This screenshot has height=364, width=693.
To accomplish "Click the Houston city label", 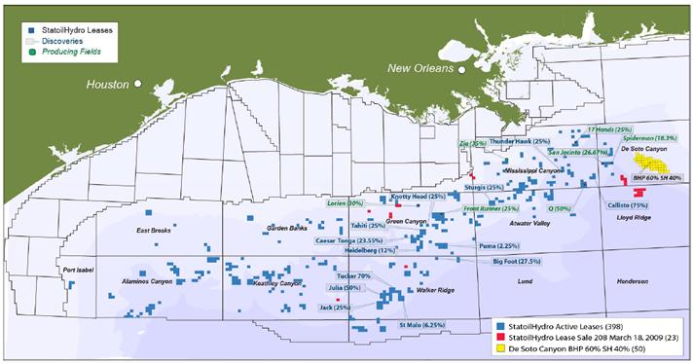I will pos(108,85).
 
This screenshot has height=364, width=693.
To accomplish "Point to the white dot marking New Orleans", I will pos(464,69).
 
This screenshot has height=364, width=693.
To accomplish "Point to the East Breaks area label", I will pos(155,231).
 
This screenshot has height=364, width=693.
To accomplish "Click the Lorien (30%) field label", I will pos(345,203).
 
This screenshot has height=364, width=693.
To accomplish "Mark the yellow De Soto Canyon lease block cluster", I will pos(647,162).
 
